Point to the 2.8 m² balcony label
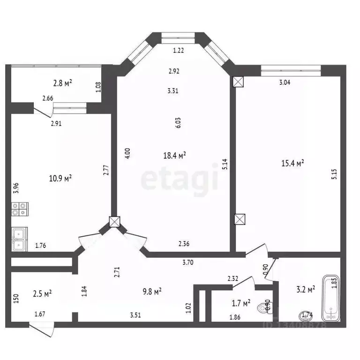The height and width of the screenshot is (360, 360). tap(63, 83)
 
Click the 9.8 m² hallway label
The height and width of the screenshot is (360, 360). tap(151, 291)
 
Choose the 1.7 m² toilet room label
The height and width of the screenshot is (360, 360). tap(240, 303)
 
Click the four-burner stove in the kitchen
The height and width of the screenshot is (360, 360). tap(20, 209)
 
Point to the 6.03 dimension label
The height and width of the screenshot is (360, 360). tap(178, 123)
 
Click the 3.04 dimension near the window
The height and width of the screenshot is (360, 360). tap(285, 83)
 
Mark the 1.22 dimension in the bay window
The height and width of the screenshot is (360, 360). tap(178, 51)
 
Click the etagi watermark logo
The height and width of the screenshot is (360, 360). tap(180, 178)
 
